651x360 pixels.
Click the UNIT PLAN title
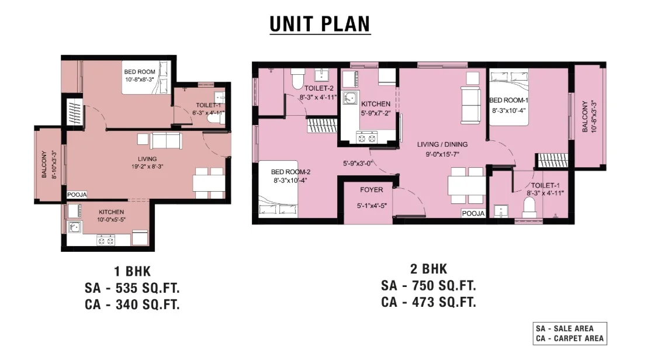320,23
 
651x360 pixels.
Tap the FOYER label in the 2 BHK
371,190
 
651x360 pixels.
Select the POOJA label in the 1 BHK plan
77,195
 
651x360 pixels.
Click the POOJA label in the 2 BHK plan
473,213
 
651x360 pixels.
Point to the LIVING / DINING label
442,144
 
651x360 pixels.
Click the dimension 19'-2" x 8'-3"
147,167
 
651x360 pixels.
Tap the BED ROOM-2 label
290,172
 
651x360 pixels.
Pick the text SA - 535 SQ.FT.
132,288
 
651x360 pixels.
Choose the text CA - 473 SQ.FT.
428,302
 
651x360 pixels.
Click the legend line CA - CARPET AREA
570,338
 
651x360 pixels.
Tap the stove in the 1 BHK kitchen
105,240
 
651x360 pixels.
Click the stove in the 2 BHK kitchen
366,137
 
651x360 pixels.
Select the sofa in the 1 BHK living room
166,141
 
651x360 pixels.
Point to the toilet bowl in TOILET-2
297,79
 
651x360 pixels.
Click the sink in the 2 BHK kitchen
351,98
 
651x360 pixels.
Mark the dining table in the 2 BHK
467,185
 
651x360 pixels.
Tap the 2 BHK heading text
428,269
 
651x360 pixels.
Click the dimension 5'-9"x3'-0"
358,164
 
